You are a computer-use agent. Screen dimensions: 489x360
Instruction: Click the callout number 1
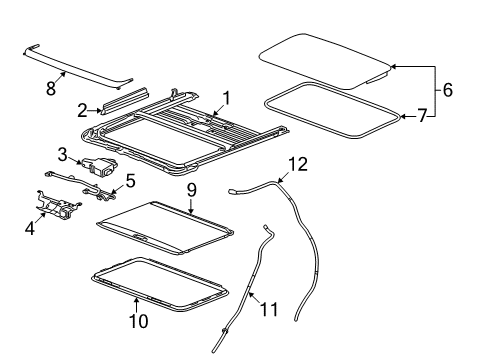(226, 99)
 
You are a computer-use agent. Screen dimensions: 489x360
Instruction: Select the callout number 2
(82, 110)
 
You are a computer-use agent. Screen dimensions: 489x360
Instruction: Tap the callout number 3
(62, 155)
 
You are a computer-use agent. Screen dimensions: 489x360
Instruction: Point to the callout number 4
(30, 228)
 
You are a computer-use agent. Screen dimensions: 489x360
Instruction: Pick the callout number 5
(130, 180)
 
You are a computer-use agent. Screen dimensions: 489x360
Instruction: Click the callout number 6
(448, 90)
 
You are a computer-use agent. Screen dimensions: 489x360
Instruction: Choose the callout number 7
(422, 116)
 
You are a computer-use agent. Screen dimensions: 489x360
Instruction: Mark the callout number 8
(51, 88)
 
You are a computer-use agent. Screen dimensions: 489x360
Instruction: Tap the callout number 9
(191, 190)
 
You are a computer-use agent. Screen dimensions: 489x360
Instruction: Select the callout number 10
(139, 321)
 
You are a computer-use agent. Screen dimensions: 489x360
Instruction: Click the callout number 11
(269, 309)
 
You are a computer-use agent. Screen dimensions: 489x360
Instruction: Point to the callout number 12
(298, 164)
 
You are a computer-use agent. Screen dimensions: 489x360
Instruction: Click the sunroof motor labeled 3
(99, 166)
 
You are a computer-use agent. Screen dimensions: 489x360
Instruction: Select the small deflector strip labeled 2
(125, 101)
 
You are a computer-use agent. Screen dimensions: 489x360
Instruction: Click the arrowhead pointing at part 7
(403, 116)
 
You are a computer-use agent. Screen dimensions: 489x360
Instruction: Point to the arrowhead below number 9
(191, 211)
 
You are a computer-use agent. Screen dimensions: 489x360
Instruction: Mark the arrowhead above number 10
(136, 300)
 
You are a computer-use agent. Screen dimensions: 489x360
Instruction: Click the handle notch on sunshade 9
(140, 237)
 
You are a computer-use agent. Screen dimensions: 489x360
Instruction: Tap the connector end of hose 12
(231, 191)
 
